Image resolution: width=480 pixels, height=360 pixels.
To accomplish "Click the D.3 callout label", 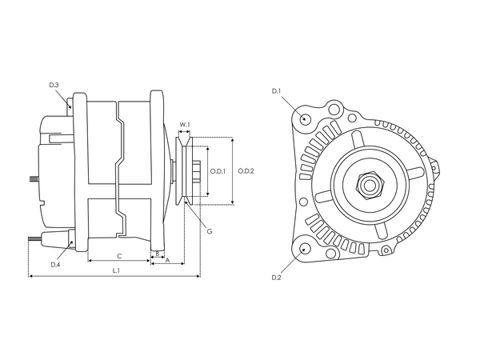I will (54, 85).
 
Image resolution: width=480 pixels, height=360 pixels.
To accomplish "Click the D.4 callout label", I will (55, 265).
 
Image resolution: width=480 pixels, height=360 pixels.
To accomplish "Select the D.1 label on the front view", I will (276, 91).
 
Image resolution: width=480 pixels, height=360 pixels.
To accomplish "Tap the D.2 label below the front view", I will (276, 277).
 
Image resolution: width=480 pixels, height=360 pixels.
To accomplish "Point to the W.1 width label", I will (184, 124).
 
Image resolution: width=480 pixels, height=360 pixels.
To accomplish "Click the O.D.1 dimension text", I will (218, 170).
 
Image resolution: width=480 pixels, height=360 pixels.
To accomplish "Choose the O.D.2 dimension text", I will (246, 170).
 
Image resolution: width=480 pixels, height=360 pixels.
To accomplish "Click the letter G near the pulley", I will (209, 232).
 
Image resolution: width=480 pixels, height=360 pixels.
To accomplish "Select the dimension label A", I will (167, 260).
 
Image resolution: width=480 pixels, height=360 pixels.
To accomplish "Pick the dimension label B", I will (158, 254).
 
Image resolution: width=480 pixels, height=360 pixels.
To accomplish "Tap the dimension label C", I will (118, 256).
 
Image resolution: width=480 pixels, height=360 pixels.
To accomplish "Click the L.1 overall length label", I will (116, 271).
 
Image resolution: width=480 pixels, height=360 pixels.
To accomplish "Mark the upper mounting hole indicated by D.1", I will (306, 119).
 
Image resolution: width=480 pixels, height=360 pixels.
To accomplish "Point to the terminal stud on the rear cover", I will (32, 179).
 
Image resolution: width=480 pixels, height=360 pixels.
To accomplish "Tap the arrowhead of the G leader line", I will (187, 205).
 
